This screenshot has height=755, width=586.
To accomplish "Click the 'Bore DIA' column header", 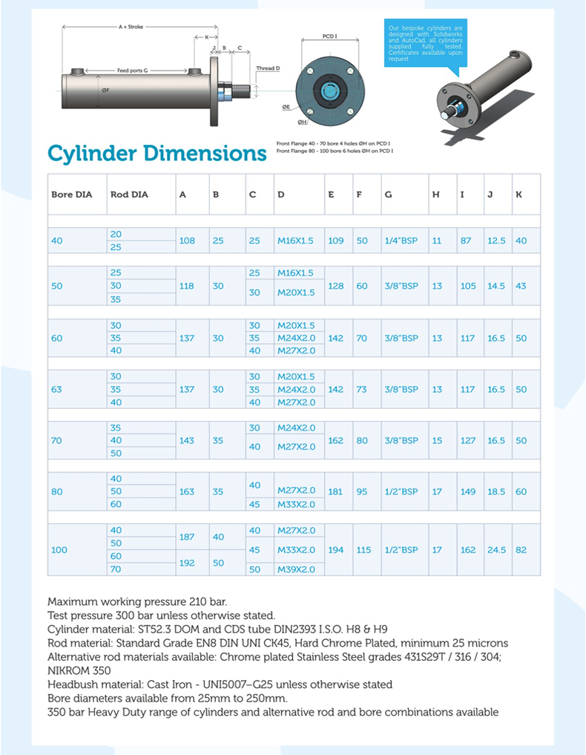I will click(71, 195).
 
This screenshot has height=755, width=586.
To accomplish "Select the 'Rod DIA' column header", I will click(129, 195).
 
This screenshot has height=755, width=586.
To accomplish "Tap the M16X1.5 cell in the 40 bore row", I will click(295, 241).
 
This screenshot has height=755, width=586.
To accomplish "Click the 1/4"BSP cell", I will click(401, 241).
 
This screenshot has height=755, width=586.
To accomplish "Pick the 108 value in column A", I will click(187, 241).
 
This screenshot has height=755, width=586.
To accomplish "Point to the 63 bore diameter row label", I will click(56, 389).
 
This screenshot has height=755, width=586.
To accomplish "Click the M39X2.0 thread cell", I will click(296, 569).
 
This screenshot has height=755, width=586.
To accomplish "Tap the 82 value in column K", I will click(521, 550).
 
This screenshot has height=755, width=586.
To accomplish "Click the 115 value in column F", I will click(363, 550).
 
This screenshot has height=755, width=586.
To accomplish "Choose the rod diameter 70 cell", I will click(116, 569).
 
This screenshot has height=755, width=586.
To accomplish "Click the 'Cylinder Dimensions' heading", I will click(157, 154).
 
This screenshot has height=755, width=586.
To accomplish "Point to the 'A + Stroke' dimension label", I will click(131, 27).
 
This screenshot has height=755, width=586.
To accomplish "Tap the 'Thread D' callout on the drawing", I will click(268, 68).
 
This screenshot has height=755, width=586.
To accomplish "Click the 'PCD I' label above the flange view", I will click(330, 36).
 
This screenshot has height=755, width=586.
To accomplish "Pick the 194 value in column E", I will click(335, 550).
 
